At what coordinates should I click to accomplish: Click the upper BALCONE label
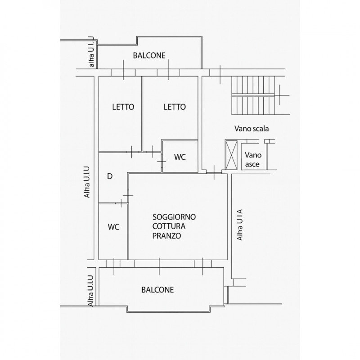149,55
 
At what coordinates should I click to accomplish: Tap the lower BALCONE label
157,290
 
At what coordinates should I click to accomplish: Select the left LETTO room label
123,107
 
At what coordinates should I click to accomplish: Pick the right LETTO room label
175,107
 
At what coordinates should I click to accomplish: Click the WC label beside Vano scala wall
180,157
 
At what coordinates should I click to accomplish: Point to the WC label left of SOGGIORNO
114,227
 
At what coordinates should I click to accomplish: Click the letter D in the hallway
110,176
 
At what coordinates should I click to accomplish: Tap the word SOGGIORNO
174,217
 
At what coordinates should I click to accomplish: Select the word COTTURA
169,226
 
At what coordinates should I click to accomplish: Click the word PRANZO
166,236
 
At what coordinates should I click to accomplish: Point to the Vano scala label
252,129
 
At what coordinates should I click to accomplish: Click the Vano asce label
253,160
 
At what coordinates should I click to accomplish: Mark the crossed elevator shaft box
231,155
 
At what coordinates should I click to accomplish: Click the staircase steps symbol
253,95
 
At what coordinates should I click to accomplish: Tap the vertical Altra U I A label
240,225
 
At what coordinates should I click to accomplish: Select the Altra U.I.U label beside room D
87,182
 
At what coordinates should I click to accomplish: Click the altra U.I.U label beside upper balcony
91,52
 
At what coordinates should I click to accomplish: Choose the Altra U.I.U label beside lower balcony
91,291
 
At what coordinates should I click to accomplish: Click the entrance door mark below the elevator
214,172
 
